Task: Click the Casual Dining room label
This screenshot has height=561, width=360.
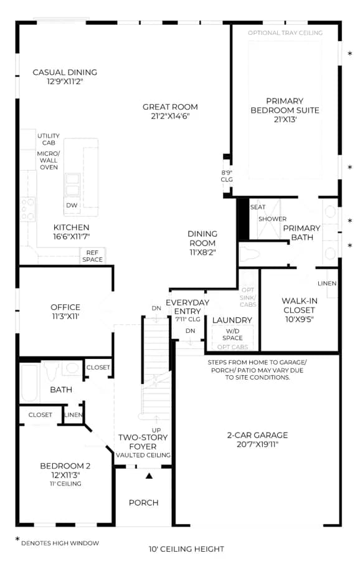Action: (x=65, y=72)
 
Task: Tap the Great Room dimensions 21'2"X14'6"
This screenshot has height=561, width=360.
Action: (x=170, y=116)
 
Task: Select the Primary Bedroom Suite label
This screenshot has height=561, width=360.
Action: (x=285, y=105)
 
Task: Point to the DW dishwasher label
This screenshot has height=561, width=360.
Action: (x=72, y=205)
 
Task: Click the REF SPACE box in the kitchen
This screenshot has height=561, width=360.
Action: (x=92, y=256)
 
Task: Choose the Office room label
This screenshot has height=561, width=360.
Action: (x=65, y=307)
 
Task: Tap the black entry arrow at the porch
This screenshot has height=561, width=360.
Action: (x=149, y=476)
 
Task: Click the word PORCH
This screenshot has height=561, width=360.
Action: (x=144, y=502)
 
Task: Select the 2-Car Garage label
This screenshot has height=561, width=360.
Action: (x=257, y=436)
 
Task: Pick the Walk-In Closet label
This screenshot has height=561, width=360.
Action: (x=299, y=305)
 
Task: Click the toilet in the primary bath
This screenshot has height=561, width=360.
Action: (x=249, y=254)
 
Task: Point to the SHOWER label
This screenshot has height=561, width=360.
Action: (x=272, y=219)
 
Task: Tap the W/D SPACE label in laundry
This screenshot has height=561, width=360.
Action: (x=232, y=335)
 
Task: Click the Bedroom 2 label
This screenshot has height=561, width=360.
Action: (x=65, y=466)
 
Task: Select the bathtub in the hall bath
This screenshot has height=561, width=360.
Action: (x=29, y=383)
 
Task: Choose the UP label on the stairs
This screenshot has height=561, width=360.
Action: (x=156, y=430)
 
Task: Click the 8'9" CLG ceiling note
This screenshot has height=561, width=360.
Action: (x=227, y=176)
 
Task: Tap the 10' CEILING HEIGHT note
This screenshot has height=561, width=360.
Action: (x=187, y=549)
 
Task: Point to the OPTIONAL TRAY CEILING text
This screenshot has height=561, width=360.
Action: (x=285, y=33)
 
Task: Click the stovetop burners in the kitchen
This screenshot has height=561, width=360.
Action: (x=27, y=209)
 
